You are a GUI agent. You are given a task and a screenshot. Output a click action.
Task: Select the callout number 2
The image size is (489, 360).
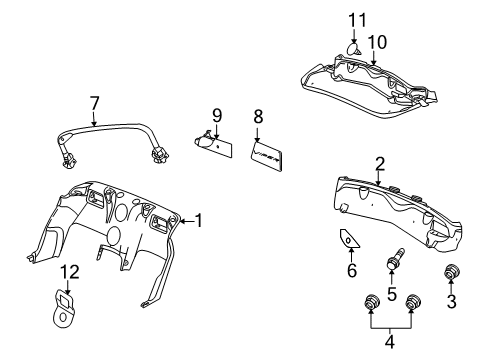coord(380,163)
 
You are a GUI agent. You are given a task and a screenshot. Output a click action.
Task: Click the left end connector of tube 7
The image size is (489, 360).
coord(73,158)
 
